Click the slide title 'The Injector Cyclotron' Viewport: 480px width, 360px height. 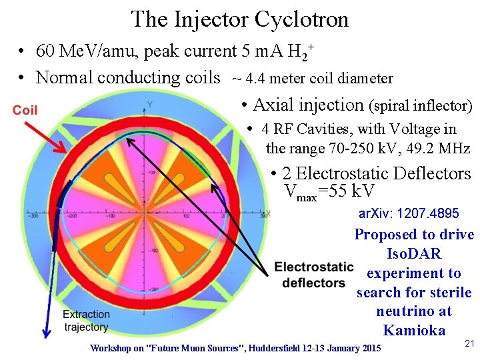(239, 19)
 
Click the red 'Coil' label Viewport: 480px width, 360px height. (25, 110)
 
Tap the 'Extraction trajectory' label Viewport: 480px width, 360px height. (86, 320)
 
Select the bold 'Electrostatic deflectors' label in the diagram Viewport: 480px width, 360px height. (313, 275)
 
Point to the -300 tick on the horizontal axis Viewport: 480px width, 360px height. (32, 217)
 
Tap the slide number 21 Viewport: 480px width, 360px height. (469, 343)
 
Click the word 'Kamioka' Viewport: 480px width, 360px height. (413, 330)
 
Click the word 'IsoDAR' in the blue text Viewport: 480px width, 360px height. (414, 254)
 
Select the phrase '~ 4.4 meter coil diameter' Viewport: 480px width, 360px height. (312, 79)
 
